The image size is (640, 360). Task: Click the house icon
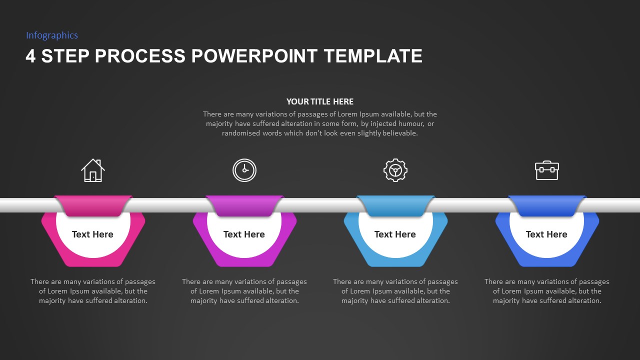(x=93, y=170)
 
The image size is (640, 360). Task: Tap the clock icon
(x=244, y=170)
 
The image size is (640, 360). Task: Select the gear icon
(x=395, y=170)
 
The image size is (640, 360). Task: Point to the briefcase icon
(x=546, y=170)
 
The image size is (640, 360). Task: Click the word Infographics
(x=52, y=35)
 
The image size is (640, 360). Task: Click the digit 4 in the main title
(x=30, y=56)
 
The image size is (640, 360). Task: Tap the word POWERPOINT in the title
(x=254, y=56)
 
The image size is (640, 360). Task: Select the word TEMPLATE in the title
(x=373, y=56)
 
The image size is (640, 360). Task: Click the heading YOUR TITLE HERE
(x=320, y=101)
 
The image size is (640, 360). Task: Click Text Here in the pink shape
(x=92, y=234)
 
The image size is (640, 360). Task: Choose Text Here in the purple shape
(x=244, y=234)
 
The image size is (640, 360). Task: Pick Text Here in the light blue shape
(x=395, y=234)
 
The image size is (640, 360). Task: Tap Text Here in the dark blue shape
(x=546, y=234)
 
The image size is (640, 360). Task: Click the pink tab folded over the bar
(x=93, y=205)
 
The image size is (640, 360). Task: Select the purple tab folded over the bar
(x=244, y=205)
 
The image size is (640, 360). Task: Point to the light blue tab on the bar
(x=395, y=205)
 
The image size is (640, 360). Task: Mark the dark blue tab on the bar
(x=546, y=205)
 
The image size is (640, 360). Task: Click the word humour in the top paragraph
(x=410, y=123)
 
